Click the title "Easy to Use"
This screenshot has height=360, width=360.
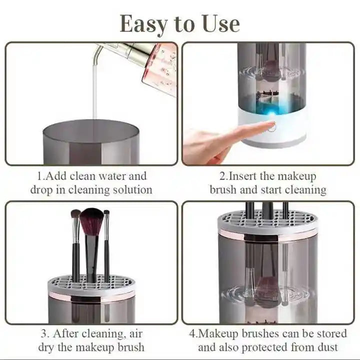(x=180, y=23)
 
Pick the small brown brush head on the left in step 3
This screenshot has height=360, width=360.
(x=75, y=214)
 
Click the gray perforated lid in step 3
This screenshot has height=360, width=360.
(x=91, y=286)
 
